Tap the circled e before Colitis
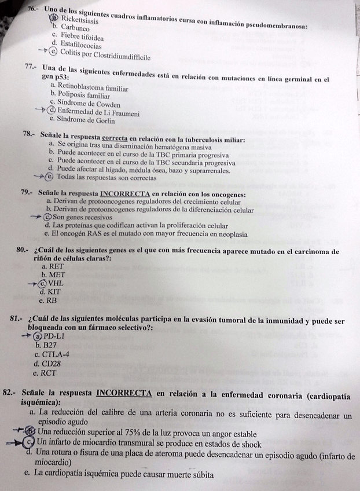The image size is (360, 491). point(54,52)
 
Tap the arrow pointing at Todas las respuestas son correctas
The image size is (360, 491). point(37,177)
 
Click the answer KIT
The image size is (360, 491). point(54,292)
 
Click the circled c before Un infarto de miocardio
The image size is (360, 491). point(29,444)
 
